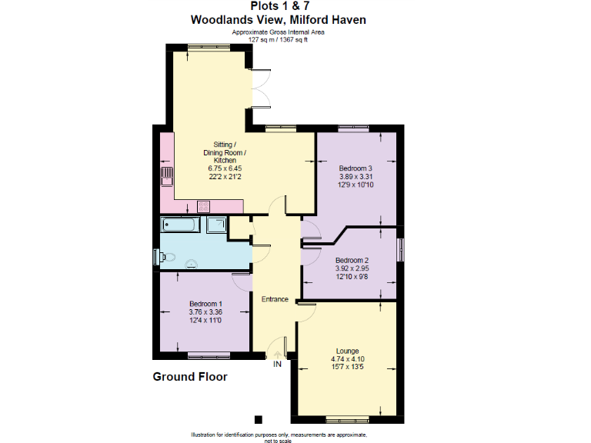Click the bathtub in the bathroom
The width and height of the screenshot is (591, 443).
(x=181, y=225)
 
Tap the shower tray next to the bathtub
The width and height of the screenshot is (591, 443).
(x=217, y=225)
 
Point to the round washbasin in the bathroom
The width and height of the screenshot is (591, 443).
(x=192, y=263)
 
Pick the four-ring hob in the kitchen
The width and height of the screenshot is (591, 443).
(x=204, y=205)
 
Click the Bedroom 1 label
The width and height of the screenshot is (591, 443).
(x=205, y=303)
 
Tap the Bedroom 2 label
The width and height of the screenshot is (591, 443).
(x=351, y=260)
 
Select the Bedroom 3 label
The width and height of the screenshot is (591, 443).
(x=356, y=168)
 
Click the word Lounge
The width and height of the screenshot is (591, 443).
(x=348, y=351)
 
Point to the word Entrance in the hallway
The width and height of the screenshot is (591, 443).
(x=275, y=299)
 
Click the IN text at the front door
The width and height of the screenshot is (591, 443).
(x=277, y=364)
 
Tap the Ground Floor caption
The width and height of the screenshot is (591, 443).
(x=190, y=377)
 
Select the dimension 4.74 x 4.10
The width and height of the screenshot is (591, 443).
(x=348, y=359)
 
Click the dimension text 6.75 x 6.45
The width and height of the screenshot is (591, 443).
(x=225, y=168)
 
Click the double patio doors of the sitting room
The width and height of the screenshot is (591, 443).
(x=260, y=87)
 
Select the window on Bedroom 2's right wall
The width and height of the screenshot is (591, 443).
(x=400, y=251)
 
